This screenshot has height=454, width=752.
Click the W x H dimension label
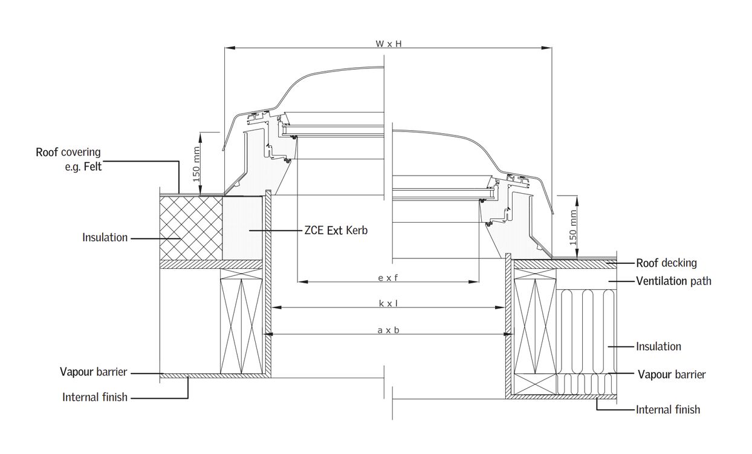pos(389,44)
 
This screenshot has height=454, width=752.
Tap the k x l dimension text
pos(388,303)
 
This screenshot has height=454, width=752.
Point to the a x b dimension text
pos(388,330)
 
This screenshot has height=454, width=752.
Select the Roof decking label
pos(666,263)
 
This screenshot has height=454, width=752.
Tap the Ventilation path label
pos(673,281)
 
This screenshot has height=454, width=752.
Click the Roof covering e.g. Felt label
pos(68,159)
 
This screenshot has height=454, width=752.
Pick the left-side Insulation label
pos(105,237)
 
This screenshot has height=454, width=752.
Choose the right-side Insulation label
pos(658,346)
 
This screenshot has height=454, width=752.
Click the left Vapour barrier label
pos(94,372)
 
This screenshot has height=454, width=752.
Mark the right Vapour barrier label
pos(672,374)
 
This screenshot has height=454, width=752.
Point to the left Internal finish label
pos(95,397)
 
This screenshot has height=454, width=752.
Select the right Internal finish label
pos(668,409)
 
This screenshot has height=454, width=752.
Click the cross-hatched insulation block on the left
pos(191,227)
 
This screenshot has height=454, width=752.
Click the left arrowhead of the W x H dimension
pos(227,47)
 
